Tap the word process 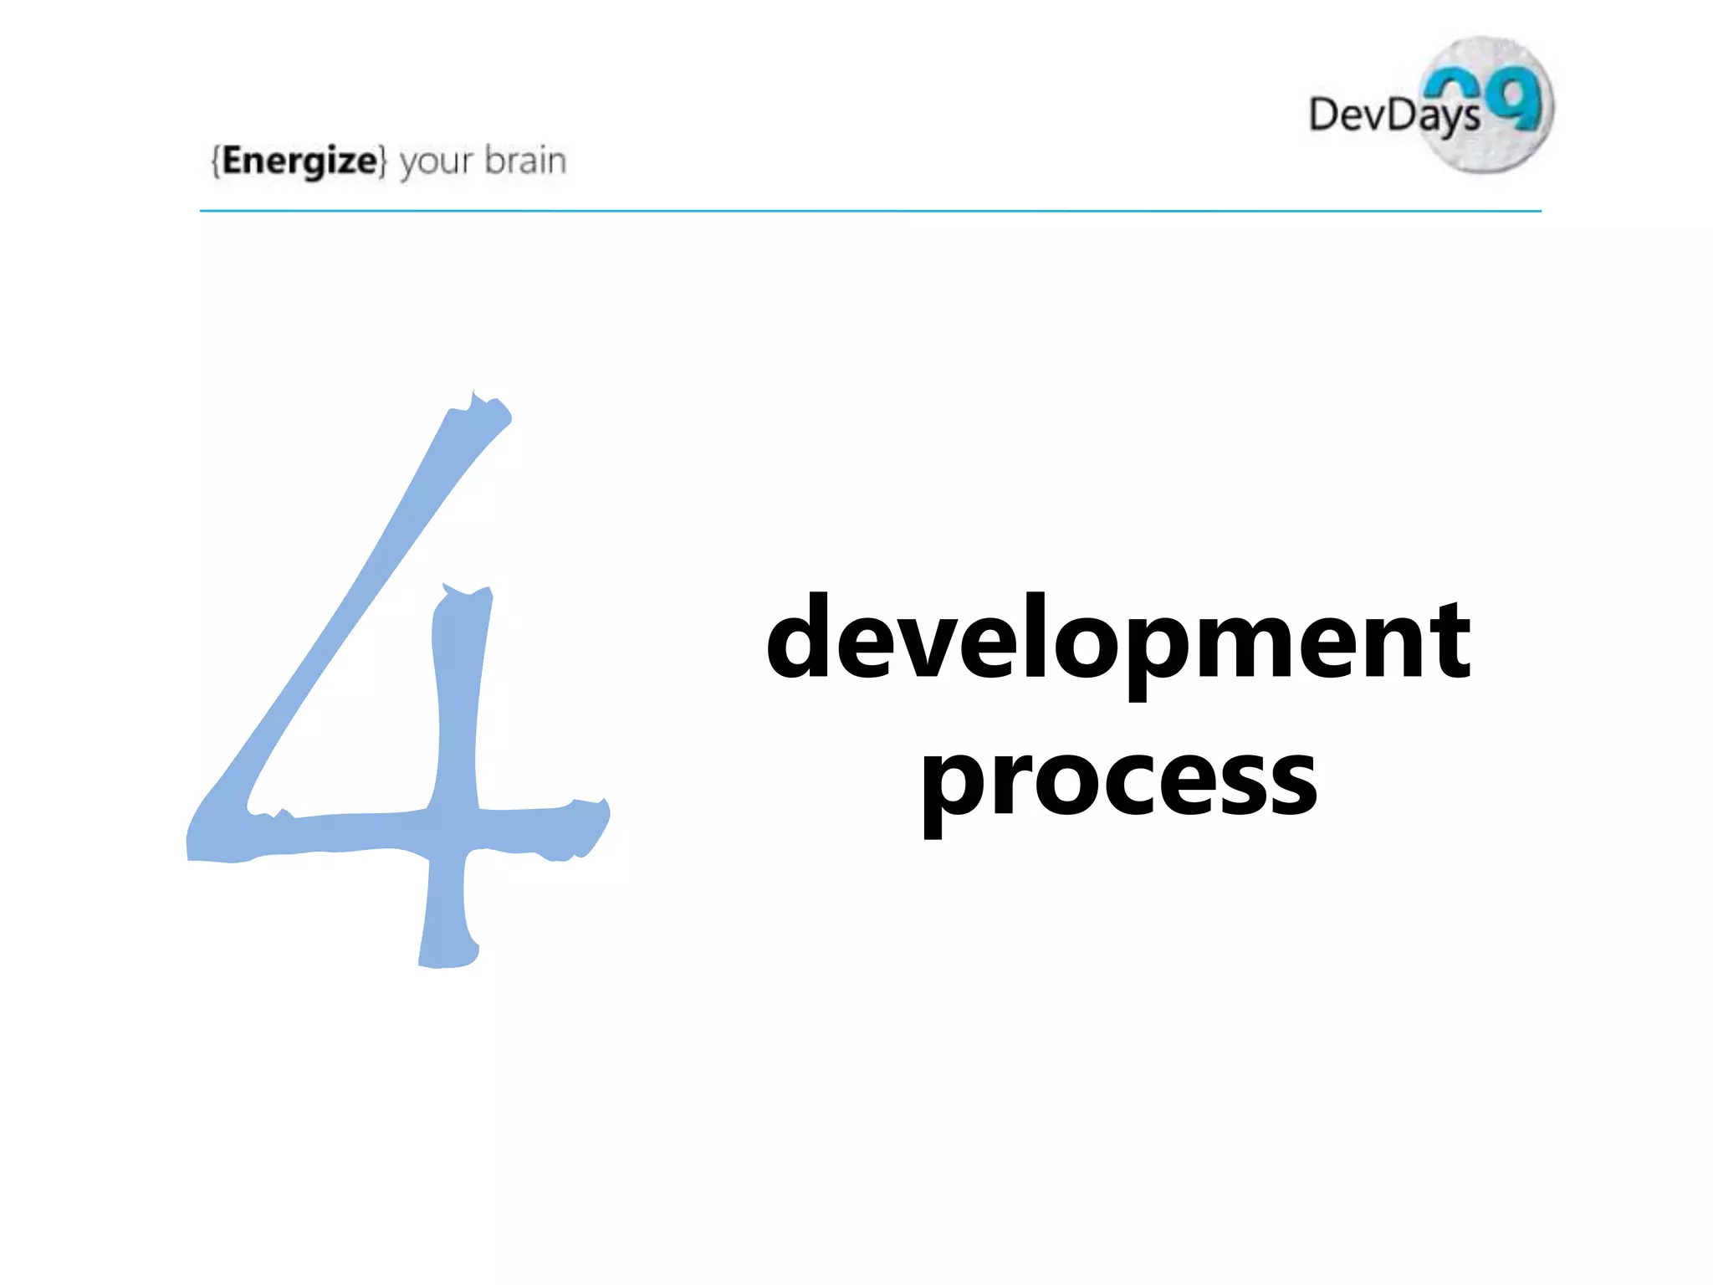click(1119, 782)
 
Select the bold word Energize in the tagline click(299, 160)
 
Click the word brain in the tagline click(525, 160)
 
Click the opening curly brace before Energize click(216, 161)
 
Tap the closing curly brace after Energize click(382, 161)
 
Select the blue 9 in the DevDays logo click(1517, 99)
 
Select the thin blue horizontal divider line click(870, 211)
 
